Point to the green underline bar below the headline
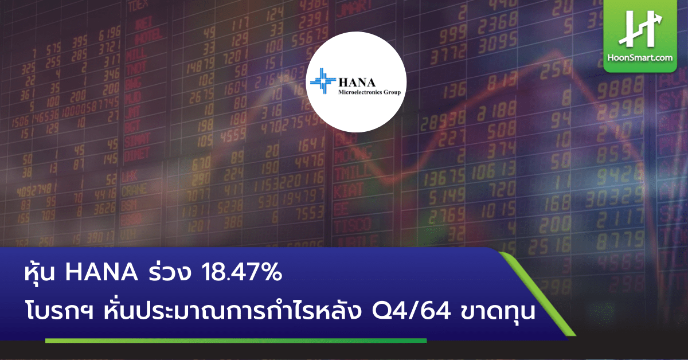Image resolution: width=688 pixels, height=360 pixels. [x=236, y=341]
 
